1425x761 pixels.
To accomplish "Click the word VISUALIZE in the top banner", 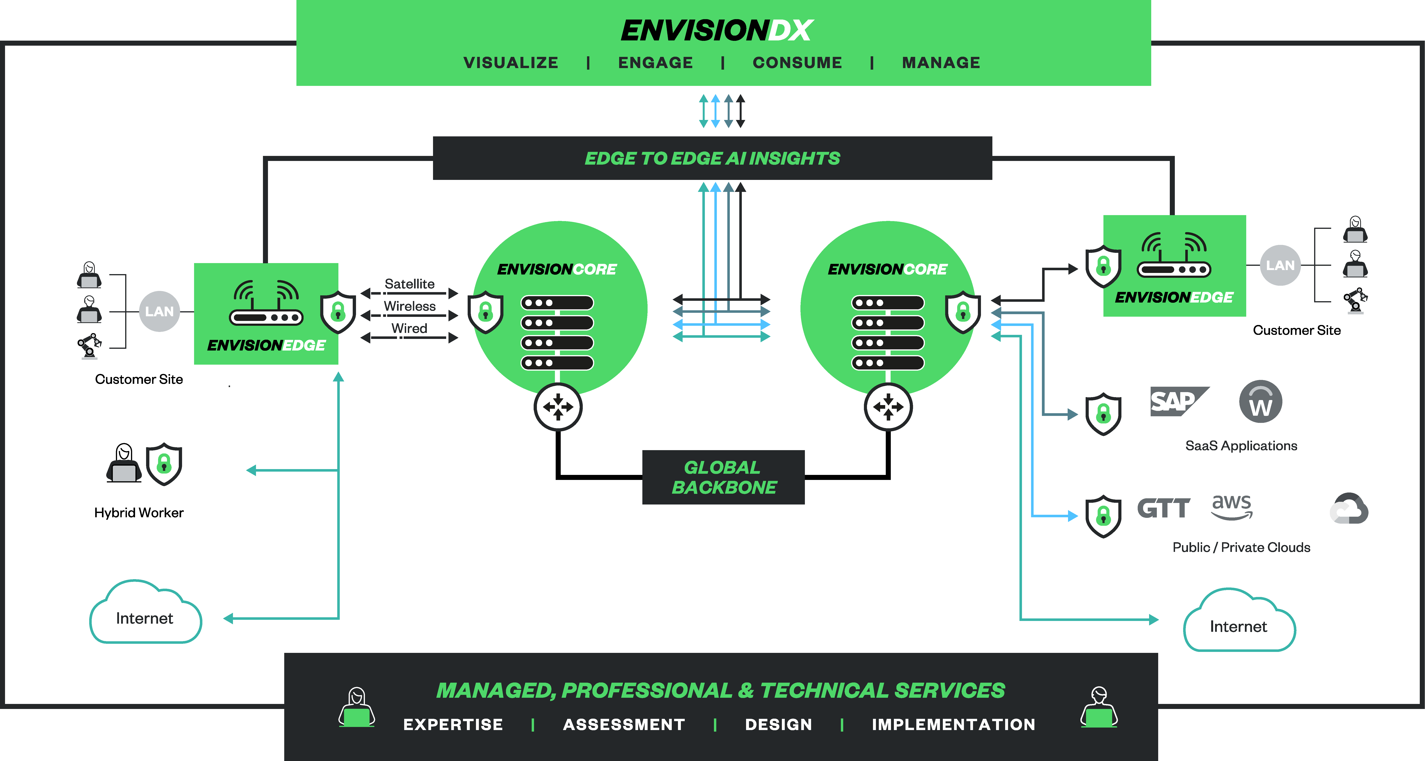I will click(x=511, y=62).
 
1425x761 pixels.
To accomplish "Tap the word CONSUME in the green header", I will click(x=797, y=62).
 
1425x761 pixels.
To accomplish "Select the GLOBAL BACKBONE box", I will click(x=723, y=477).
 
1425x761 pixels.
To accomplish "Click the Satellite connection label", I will click(x=409, y=284).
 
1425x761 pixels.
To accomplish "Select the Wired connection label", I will click(x=409, y=328).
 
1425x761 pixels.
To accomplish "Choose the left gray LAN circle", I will click(x=159, y=311).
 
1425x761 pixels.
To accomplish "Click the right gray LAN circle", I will click(x=1280, y=265).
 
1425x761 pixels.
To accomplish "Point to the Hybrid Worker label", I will click(x=139, y=513).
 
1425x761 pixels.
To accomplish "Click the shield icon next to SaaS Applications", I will click(x=1103, y=414).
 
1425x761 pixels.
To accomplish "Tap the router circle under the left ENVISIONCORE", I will click(x=558, y=407).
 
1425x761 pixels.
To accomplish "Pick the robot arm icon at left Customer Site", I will click(x=89, y=346).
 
